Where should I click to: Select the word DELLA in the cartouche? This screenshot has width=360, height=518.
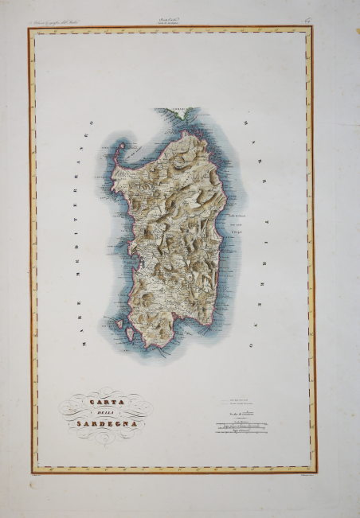pyautogui.click(x=100, y=412)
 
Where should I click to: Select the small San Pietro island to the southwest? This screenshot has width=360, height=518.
pyautogui.click(x=121, y=324)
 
